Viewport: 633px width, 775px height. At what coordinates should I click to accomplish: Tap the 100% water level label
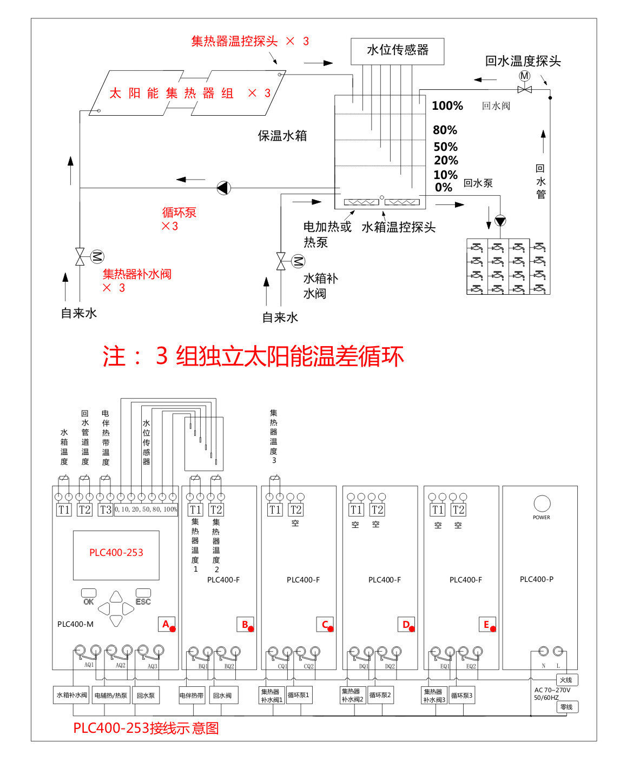pos(447,106)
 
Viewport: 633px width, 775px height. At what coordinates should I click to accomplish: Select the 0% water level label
pos(443,188)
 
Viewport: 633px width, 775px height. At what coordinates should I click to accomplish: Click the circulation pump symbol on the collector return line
pos(223,188)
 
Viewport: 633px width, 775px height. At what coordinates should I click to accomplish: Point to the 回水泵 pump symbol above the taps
pos(500,221)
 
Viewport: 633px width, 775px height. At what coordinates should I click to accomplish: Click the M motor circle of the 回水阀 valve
pos(524,76)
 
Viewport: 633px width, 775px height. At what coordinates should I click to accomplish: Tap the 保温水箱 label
pos(282,136)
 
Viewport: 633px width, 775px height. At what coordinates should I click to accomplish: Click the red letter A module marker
pos(167,625)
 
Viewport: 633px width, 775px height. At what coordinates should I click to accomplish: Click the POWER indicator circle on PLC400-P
pos(542,504)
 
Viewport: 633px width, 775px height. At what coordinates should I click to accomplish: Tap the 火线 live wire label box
pos(566,680)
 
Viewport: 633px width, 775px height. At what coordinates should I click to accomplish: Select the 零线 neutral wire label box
pos(566,707)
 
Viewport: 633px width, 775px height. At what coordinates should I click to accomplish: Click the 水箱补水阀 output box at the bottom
pos(72,695)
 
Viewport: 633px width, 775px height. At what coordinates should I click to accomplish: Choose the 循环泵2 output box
pos(380,695)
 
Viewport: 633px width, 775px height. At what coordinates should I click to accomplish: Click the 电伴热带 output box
pos(192,695)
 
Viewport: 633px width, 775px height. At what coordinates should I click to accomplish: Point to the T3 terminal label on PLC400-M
pos(105,509)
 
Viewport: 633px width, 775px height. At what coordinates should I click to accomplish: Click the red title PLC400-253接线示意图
pos(146,728)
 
